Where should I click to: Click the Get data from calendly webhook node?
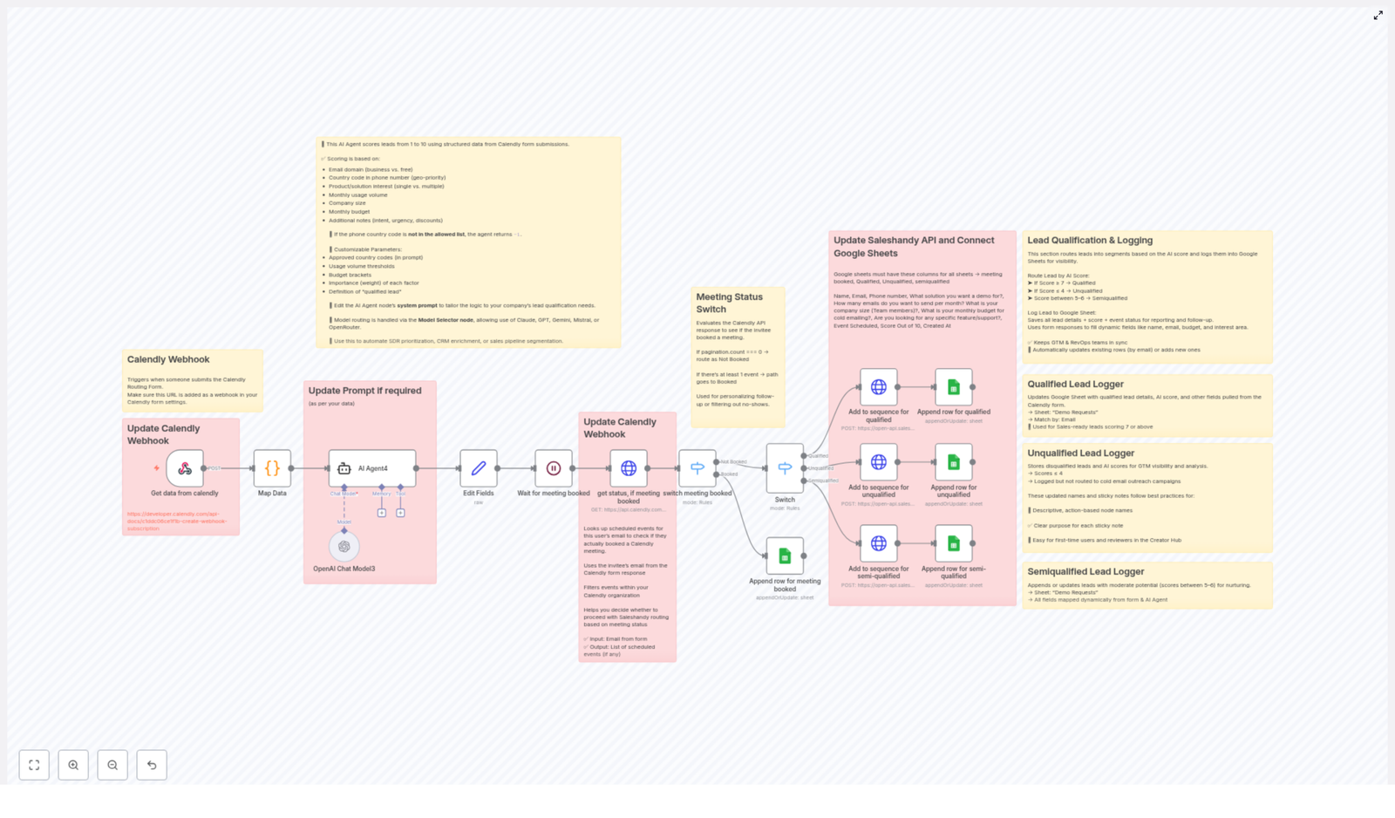[x=185, y=468]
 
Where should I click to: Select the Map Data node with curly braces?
[x=272, y=468]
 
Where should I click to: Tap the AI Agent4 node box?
[x=372, y=468]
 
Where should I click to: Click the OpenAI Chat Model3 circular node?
[x=344, y=547]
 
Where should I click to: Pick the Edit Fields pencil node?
[x=479, y=468]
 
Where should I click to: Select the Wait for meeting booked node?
[x=554, y=468]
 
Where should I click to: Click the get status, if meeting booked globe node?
[x=629, y=468]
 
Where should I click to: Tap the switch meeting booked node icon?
[x=697, y=468]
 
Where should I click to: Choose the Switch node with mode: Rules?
[x=785, y=468]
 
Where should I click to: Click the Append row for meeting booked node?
[x=785, y=556]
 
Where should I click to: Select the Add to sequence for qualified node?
[x=879, y=387]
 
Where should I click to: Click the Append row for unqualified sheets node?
[x=954, y=462]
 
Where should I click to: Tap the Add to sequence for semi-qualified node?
[x=879, y=543]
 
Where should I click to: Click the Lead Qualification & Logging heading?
[x=1090, y=241]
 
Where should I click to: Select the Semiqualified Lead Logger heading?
[x=1085, y=572]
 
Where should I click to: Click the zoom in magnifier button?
[x=73, y=765]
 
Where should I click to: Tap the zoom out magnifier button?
[x=112, y=765]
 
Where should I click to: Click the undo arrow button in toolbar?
[x=152, y=765]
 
